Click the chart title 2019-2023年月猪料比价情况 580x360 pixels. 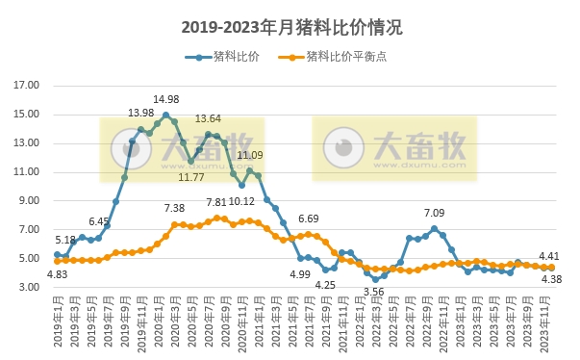tap(290, 28)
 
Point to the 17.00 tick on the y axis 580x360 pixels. tap(26, 86)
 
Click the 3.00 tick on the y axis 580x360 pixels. tap(29, 288)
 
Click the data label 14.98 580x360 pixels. tap(165, 99)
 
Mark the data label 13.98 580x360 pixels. tap(140, 114)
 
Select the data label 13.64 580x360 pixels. tap(208, 119)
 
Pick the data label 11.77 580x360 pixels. tap(191, 177)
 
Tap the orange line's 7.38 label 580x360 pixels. tap(174, 208)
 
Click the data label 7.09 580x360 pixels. tap(434, 213)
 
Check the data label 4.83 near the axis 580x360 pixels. tap(57, 274)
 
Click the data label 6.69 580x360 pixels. tap(308, 219)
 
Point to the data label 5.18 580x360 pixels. tap(65, 240)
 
